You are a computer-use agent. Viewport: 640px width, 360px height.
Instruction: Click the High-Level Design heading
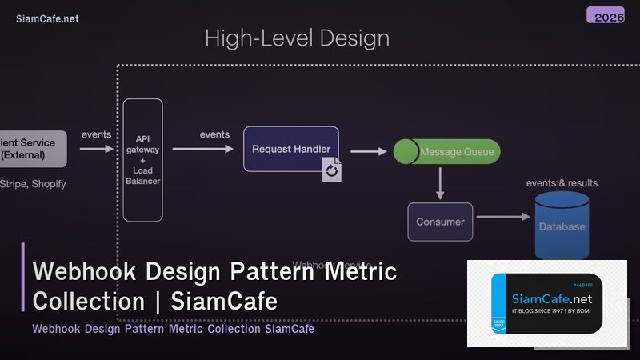[297, 38]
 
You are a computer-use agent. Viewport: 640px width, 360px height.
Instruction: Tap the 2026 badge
[606, 15]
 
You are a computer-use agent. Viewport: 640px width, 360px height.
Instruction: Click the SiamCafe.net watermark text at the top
[47, 19]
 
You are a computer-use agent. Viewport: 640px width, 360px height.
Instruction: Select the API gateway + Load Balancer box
[143, 160]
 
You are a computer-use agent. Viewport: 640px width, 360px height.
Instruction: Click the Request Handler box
[290, 149]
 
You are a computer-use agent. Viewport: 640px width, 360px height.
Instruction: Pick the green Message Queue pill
[447, 152]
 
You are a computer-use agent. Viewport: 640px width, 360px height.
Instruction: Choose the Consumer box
[440, 222]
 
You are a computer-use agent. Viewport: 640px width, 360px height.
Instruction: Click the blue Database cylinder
[561, 226]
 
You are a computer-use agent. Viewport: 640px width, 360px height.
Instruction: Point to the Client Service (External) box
[30, 149]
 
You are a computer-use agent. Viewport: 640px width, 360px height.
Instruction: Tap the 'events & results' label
[562, 183]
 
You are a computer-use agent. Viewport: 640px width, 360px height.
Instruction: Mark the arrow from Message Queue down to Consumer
[439, 184]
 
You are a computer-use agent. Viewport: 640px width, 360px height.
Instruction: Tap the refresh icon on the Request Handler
[332, 170]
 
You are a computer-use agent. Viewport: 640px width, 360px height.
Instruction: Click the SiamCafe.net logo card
[546, 303]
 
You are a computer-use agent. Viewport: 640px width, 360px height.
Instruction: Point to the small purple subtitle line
[173, 329]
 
